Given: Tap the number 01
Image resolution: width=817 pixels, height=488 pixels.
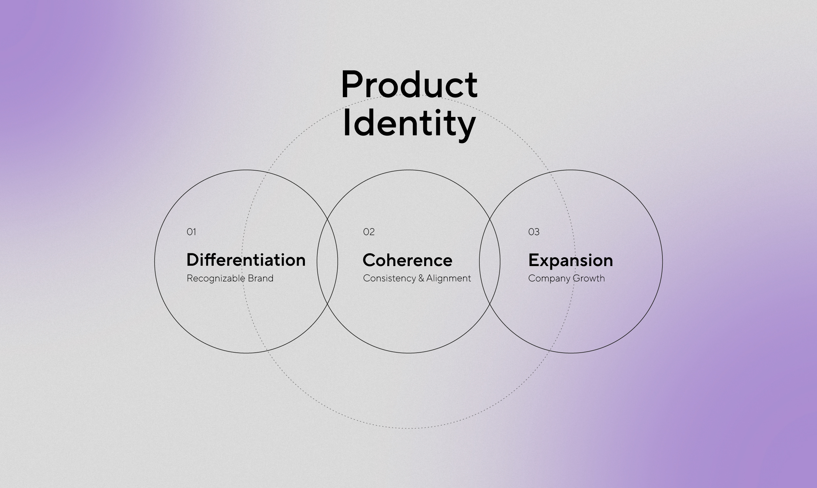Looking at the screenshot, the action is tap(192, 232).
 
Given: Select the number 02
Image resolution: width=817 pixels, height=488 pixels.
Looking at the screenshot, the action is tap(369, 232).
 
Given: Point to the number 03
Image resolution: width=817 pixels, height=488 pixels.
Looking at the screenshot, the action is tap(534, 232).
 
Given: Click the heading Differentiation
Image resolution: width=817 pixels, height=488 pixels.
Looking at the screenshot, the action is tap(246, 260).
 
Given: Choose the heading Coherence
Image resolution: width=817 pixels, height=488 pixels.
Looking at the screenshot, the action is tap(407, 260).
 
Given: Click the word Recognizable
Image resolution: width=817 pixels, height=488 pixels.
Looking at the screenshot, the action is tap(216, 278).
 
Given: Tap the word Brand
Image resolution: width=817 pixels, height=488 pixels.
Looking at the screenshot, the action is tap(261, 278).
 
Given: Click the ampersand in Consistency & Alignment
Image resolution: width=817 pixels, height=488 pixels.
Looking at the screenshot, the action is tap(421, 278).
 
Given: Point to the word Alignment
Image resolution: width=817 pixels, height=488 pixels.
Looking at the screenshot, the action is tap(449, 278).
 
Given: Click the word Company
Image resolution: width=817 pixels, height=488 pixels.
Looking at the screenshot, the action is tap(549, 278).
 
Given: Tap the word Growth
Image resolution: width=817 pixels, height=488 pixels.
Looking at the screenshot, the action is tap(589, 278).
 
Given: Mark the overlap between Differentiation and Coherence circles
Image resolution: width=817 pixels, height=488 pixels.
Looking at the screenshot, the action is tap(327, 261).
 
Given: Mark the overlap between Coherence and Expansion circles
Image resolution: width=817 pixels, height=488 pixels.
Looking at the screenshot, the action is tap(490, 261).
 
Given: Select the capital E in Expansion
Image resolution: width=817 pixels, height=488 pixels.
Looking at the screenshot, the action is tap(533, 260).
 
